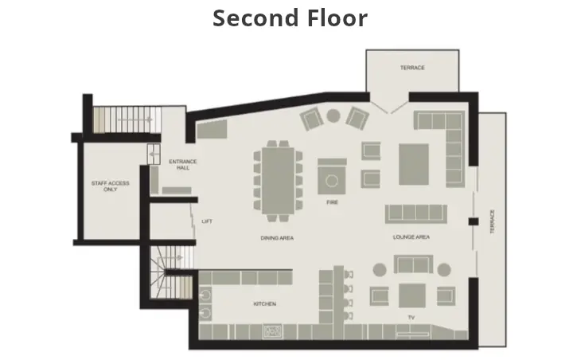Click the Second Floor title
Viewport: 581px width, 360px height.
point(290,18)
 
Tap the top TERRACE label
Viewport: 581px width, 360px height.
point(411,68)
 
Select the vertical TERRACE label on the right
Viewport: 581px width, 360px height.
point(493,221)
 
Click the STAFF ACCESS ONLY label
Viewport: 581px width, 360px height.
point(110,186)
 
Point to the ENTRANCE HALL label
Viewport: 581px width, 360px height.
point(182,164)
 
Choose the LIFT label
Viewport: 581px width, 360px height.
point(207,221)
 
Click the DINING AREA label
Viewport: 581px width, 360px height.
point(277,237)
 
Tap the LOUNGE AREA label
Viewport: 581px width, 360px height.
point(411,237)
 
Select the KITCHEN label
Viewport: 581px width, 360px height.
point(264,304)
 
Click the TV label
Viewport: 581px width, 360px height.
point(411,318)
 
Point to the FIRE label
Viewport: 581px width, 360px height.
point(332,202)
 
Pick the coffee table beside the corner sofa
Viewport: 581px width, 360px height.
point(414,164)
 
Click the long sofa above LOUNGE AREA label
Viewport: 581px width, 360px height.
point(416,213)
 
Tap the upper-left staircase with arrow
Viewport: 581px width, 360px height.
point(122,120)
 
